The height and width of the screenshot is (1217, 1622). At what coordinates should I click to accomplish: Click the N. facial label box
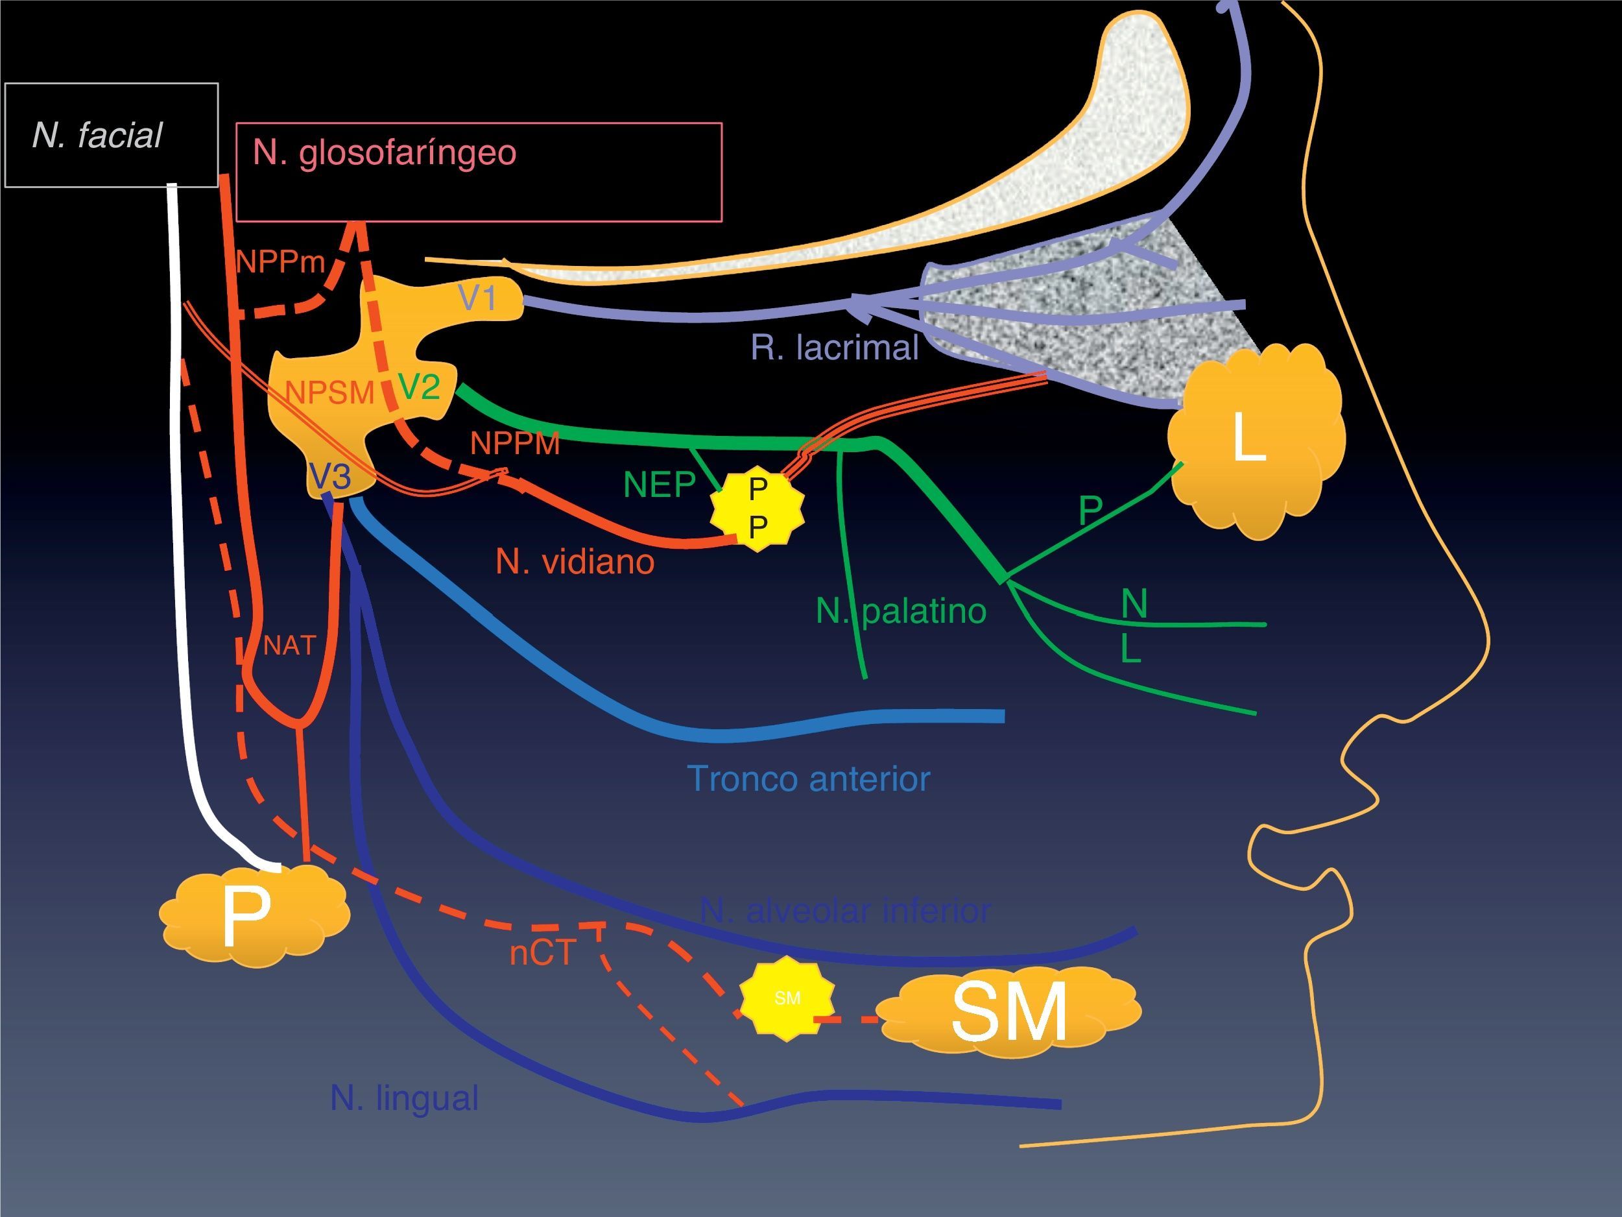(x=112, y=135)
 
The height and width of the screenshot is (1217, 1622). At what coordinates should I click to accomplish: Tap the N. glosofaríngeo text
(x=384, y=152)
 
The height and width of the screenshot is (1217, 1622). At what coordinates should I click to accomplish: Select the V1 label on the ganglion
(x=477, y=298)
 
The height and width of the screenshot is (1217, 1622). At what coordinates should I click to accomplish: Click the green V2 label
(x=419, y=386)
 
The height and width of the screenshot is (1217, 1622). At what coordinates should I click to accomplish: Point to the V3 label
(x=330, y=477)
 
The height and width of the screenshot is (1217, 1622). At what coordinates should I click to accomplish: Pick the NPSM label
(x=329, y=393)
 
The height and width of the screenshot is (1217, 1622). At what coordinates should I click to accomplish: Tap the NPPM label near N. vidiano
(x=515, y=443)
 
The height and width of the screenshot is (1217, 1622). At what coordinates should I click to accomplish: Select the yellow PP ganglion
(x=757, y=508)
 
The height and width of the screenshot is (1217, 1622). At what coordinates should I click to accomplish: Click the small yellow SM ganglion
(x=787, y=998)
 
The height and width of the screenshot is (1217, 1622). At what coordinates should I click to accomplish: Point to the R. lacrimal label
(x=834, y=348)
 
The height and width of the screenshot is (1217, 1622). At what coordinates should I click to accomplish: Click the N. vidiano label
(x=575, y=562)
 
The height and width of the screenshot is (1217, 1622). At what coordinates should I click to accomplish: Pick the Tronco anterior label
(x=809, y=779)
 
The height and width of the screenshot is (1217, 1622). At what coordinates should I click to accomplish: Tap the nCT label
(x=543, y=954)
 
